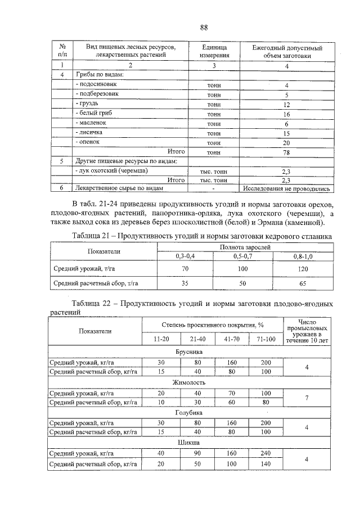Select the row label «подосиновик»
(x=96, y=84)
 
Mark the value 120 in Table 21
(x=302, y=269)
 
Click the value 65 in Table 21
(x=302, y=284)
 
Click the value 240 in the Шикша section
(x=265, y=453)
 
